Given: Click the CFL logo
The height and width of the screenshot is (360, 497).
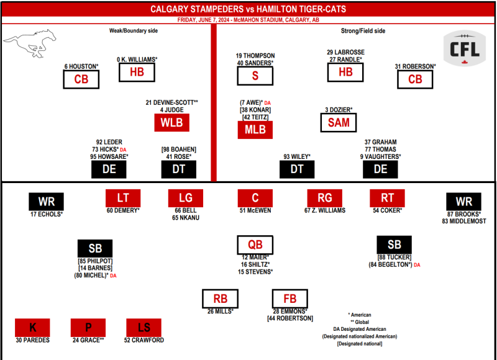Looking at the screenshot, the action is (464, 48).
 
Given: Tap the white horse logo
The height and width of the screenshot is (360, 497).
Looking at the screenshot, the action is (30, 43).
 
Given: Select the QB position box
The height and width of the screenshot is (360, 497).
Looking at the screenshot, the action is (255, 245).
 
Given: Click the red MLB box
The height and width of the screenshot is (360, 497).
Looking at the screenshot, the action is (255, 130).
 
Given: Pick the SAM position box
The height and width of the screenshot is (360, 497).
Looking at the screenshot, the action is (339, 122).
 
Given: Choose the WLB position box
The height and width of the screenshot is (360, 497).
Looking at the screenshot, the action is (172, 122).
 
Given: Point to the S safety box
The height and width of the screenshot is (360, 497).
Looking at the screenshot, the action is (255, 76).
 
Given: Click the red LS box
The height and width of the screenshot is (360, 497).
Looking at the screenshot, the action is (144, 328).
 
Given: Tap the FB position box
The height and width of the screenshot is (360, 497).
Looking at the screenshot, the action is (290, 299).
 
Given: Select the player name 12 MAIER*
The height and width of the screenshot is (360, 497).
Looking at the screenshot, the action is (255, 257).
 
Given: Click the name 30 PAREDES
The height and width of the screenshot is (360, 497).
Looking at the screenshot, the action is (33, 340).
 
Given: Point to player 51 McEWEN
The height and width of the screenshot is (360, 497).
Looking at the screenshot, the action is (255, 210).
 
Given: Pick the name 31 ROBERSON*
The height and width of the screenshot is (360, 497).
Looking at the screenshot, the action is (415, 66).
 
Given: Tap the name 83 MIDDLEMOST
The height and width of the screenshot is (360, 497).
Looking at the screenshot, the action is (464, 222).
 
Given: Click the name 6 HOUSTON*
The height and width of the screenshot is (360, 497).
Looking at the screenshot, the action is (81, 66).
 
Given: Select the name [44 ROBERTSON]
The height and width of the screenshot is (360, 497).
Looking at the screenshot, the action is (290, 318).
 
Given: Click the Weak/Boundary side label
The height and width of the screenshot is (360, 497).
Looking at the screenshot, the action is (134, 30).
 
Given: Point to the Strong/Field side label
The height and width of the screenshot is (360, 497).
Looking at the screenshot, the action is (363, 30).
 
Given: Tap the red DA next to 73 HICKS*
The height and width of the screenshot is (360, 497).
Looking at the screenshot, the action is (123, 150).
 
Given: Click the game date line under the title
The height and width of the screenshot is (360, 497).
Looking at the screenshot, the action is (248, 20).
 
